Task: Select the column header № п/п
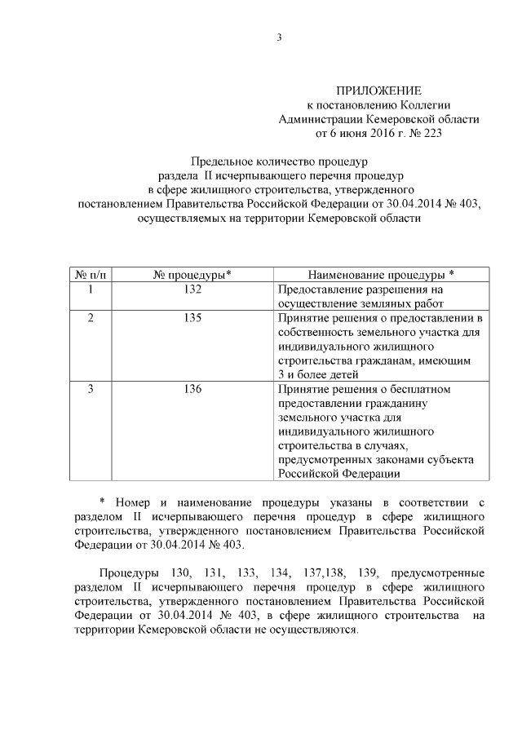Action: coord(91,273)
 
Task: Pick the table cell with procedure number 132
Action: coord(192,289)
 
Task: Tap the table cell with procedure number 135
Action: coord(192,317)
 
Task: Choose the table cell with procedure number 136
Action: coord(192,389)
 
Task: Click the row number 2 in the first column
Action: coord(91,317)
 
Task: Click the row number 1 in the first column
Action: coord(91,289)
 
